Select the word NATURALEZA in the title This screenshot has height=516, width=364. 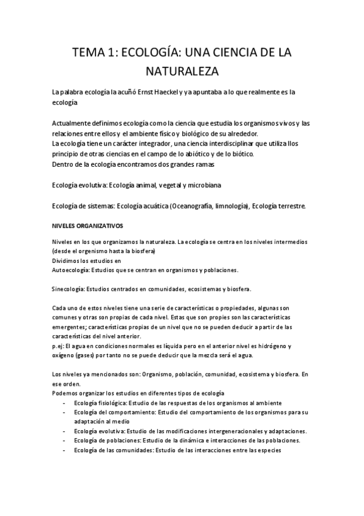pos(182,72)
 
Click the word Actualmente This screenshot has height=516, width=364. pos(73,124)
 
